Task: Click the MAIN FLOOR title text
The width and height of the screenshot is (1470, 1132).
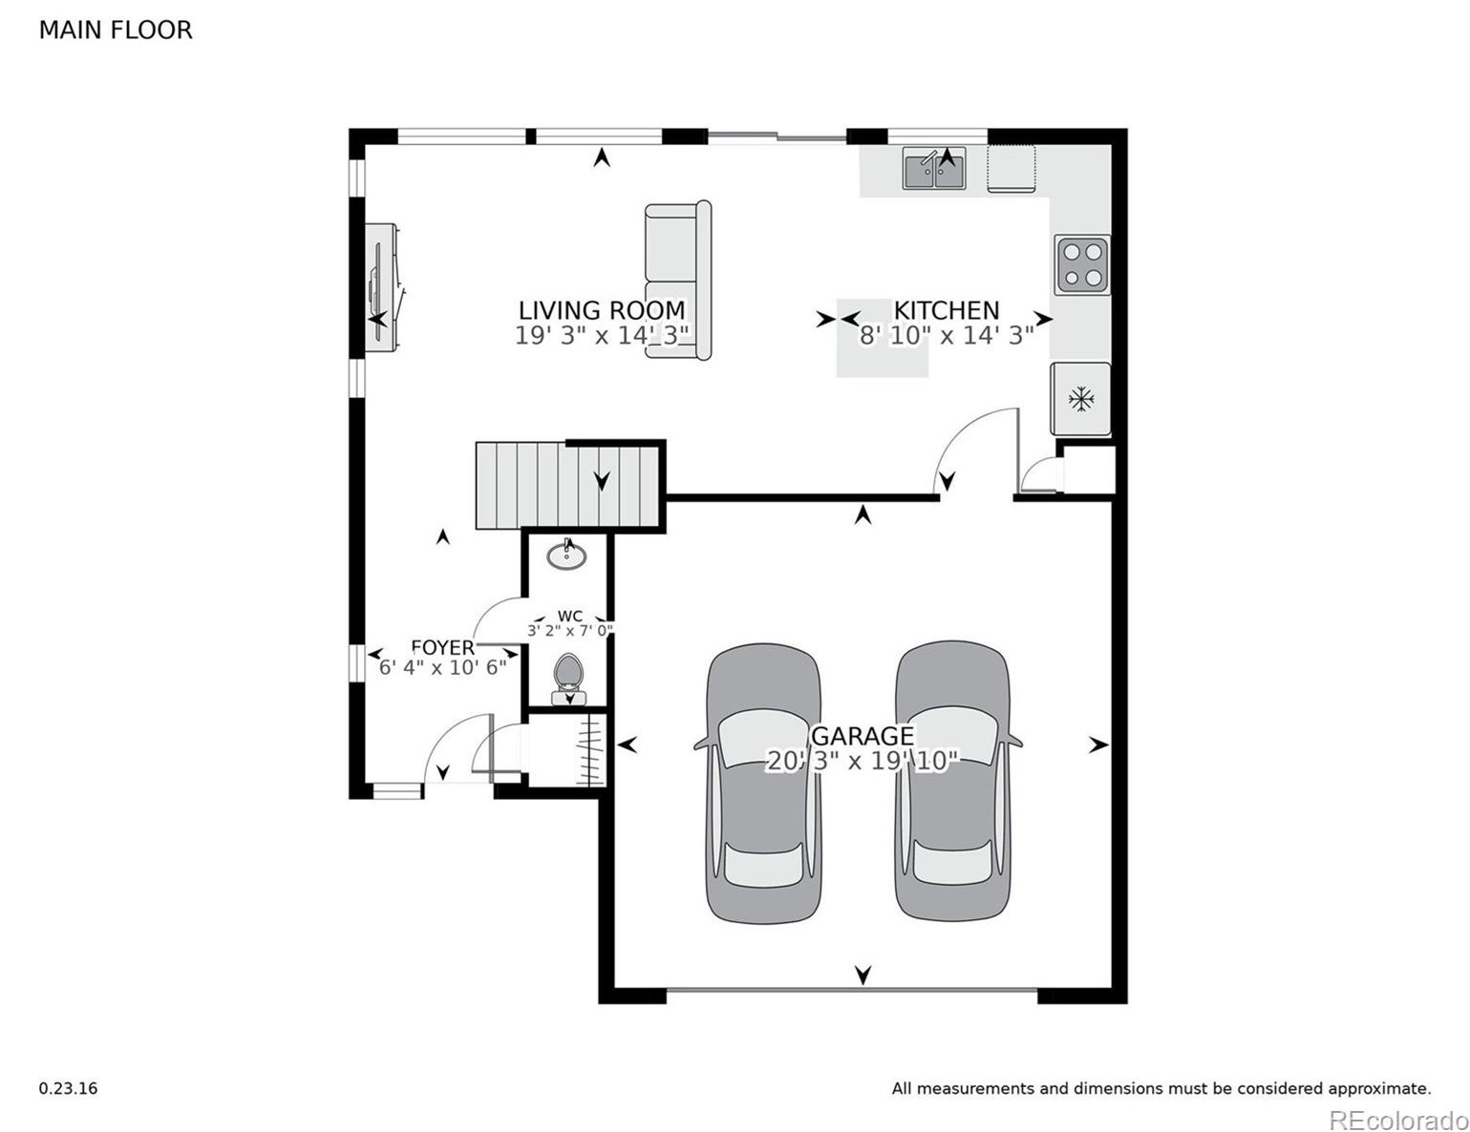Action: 115,31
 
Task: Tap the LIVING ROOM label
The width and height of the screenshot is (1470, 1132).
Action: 601,310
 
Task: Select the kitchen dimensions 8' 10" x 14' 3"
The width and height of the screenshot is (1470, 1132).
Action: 946,336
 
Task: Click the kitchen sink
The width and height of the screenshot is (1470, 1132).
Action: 934,169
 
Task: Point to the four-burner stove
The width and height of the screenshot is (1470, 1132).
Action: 1082,264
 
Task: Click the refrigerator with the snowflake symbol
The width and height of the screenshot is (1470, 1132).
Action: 1080,399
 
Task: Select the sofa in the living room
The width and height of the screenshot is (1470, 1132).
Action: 677,281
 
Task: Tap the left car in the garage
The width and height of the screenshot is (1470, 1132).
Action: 763,783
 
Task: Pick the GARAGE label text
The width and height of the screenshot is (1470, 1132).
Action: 863,736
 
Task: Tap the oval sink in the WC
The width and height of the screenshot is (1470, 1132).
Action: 567,556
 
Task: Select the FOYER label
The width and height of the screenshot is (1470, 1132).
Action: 442,647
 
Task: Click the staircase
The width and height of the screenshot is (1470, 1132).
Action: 568,485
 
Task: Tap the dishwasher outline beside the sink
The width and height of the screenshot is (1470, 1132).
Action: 1012,169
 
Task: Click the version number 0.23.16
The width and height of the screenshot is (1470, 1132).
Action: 68,1088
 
